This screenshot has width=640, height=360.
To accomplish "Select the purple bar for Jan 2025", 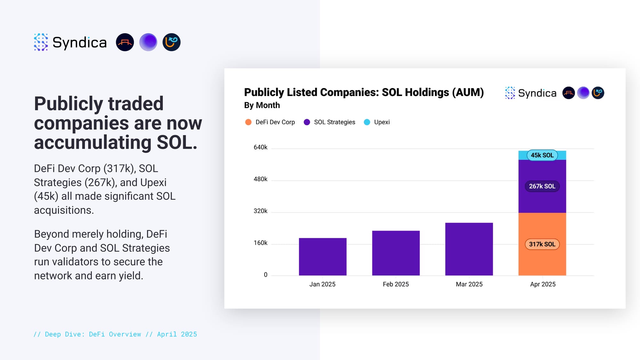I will tap(323, 257).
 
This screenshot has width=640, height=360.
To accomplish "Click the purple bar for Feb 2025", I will tap(396, 253).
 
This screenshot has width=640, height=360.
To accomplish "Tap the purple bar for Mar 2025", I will tap(469, 249).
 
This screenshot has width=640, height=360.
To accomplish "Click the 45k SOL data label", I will tap(542, 155).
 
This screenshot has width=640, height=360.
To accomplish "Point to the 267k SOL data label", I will tap(542, 186).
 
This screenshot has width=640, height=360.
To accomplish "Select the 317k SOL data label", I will tap(542, 244).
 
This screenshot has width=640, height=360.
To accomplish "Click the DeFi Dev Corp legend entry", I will tap(275, 122).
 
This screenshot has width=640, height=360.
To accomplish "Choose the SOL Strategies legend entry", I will tap(334, 122).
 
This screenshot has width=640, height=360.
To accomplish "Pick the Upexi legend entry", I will tap(381, 122).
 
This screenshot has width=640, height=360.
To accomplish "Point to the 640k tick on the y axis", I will tap(260, 148).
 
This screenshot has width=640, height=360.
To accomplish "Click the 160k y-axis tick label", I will tap(260, 243).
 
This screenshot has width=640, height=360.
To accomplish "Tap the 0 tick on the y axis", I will tap(266, 275).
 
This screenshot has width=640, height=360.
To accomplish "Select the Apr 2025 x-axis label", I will tap(543, 284).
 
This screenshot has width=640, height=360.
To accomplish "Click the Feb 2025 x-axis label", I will tap(396, 284).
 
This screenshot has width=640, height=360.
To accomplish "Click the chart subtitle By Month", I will tap(262, 105).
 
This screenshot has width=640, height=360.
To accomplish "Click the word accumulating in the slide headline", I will tap(92, 143).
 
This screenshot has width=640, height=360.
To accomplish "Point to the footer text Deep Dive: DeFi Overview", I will tap(93, 334).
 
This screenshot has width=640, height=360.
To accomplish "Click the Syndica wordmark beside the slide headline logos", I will tap(79, 43).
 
